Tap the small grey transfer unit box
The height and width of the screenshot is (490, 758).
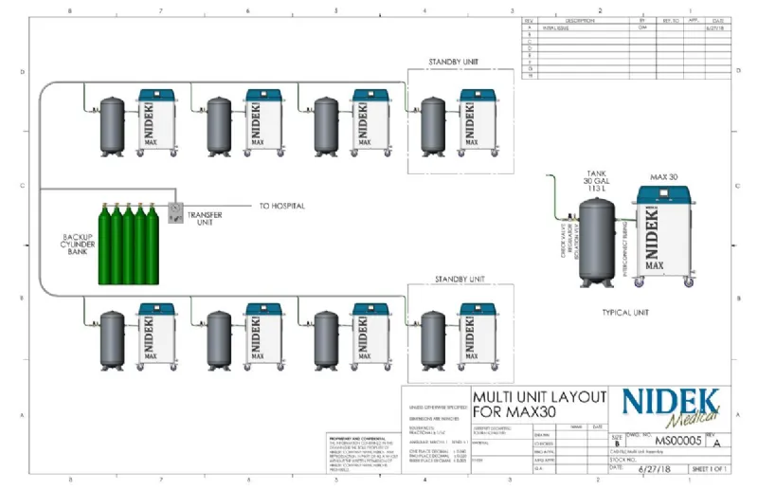173,212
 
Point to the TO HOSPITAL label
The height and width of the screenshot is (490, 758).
282,206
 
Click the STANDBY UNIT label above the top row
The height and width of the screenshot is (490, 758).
453,63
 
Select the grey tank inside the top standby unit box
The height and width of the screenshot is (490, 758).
434,125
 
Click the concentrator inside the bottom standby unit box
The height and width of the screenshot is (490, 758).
477,336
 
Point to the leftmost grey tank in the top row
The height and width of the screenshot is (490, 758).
114,125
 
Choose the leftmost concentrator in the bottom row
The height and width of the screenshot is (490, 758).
156,336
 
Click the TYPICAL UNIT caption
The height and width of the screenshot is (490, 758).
630,311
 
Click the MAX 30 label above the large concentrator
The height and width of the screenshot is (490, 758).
665,177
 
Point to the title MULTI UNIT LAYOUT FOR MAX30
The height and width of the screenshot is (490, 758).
538,404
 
